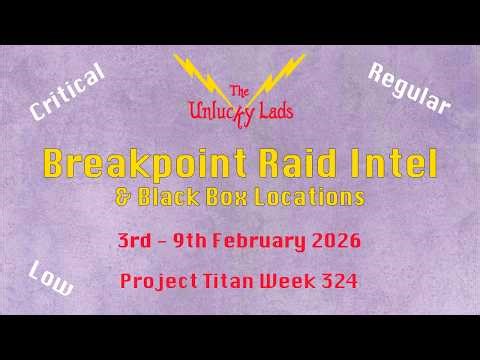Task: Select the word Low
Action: pos(51,278)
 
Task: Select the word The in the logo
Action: pos(240,91)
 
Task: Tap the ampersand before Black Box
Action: pos(123,198)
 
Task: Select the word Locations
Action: pos(316,198)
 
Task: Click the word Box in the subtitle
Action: pos(240,198)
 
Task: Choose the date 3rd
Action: pos(136,241)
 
